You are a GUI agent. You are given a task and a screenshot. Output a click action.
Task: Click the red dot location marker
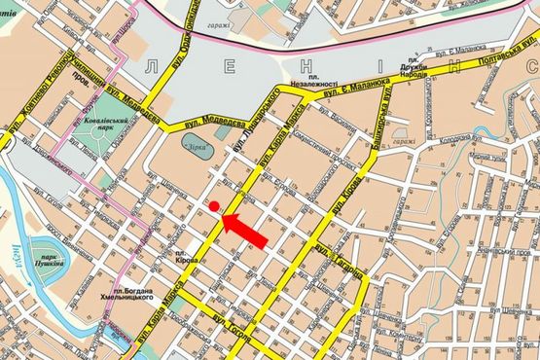click(x=213, y=206)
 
